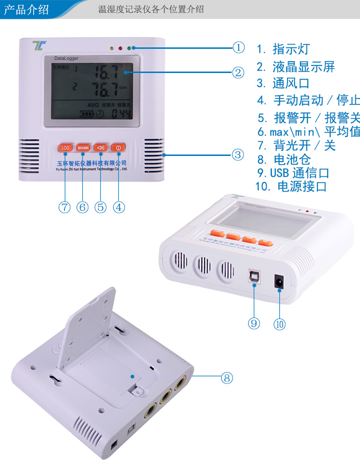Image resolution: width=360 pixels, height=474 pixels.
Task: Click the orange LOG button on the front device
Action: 65,148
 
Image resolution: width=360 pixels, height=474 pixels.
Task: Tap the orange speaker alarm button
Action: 100,148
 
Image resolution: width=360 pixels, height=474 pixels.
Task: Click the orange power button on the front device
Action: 118,148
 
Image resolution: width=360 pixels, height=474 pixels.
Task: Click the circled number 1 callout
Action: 238,47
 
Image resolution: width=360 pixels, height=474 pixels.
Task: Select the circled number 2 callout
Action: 238,73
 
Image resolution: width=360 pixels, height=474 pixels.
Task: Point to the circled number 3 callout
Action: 238,155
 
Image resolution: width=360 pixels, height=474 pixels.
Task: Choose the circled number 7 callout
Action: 64,207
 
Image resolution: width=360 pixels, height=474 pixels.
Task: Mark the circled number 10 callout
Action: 279,324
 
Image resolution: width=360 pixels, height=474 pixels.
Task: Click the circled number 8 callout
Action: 227,378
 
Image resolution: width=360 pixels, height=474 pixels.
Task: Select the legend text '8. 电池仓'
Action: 284,159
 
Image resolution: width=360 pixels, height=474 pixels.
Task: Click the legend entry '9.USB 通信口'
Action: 293,173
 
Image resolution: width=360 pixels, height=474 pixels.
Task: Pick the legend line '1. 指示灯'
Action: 283,49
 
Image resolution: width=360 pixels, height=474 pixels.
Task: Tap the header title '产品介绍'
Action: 27,9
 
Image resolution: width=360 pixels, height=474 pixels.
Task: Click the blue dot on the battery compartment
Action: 133,376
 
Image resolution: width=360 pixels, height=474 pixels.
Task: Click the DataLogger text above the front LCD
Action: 66,59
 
